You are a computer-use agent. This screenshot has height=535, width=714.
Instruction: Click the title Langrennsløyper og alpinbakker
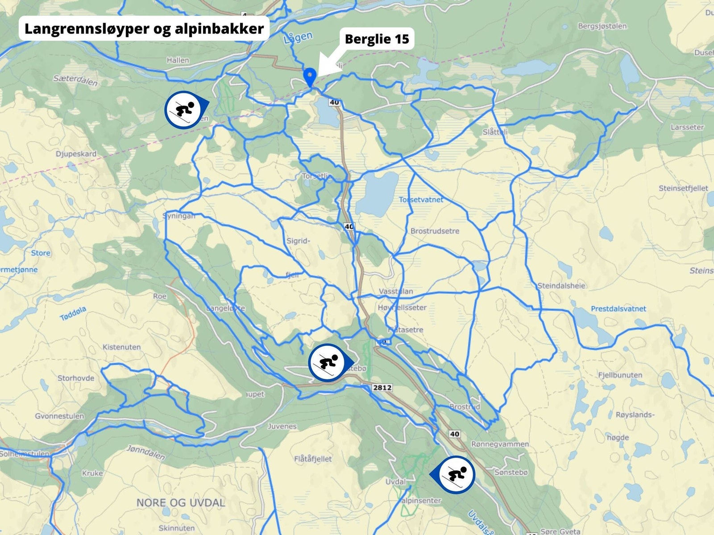coord(144,29)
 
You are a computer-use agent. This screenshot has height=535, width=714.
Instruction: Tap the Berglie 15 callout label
coord(377,39)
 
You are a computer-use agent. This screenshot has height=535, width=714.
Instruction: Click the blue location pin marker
coord(309,77)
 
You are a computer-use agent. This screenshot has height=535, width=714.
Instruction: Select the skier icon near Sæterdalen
coord(184,110)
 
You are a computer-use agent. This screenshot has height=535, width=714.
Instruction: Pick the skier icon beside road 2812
coord(328,363)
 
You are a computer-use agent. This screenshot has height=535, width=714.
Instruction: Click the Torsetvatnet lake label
coord(421,200)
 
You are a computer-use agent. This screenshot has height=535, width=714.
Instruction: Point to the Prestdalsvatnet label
coord(618,309)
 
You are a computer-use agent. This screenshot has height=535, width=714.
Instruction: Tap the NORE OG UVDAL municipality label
coord(180,502)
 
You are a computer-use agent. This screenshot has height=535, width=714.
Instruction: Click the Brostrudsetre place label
coord(435,231)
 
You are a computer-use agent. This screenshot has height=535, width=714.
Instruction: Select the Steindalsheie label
coord(561,286)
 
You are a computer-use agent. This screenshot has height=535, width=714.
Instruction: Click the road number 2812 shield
coord(382,387)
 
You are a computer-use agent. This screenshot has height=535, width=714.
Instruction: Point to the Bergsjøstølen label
coord(602,26)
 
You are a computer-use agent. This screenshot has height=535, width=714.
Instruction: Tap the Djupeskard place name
coord(76,154)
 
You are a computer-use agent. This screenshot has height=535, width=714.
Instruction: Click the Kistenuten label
coord(121,347)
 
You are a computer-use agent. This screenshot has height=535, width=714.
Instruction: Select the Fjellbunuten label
coord(620,375)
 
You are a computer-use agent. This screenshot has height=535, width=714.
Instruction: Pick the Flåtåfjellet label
coord(313,459)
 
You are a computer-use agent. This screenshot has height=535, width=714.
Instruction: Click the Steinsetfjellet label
coord(683,188)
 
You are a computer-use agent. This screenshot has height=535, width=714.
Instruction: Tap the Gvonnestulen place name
coord(59,416)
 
